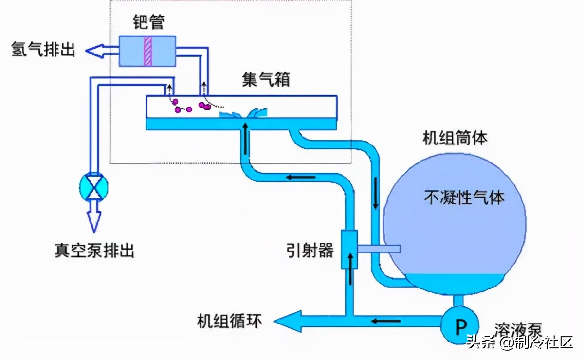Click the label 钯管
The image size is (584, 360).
click(x=148, y=22)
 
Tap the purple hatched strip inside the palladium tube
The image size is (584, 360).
click(x=148, y=51)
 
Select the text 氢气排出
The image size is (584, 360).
click(x=43, y=49)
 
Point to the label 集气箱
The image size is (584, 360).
click(x=266, y=79)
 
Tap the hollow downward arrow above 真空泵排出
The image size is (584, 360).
click(x=93, y=217)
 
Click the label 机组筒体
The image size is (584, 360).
click(x=455, y=138)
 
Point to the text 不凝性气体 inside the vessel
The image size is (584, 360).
click(x=464, y=197)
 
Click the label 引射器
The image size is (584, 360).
click(x=310, y=250)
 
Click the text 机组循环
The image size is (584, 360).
click(x=230, y=321)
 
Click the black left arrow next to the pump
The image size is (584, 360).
click(x=386, y=321)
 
